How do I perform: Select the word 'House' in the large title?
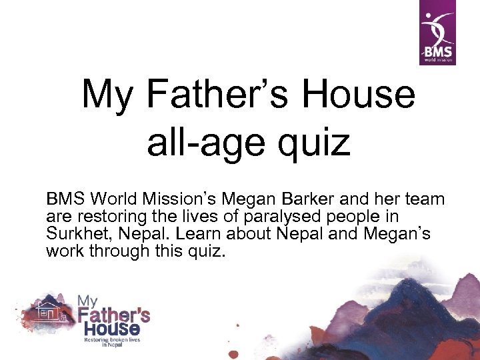(x=359, y=95)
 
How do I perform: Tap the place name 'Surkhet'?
(x=79, y=234)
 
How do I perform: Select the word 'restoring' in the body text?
(x=108, y=217)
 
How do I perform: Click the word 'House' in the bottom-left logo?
(x=112, y=329)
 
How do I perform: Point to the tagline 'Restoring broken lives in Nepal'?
(x=112, y=341)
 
